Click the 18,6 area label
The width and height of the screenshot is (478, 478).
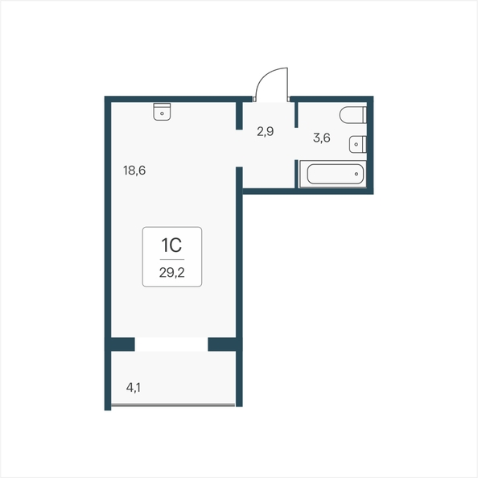(x=134, y=171)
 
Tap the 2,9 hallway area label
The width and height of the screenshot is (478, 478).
(x=266, y=132)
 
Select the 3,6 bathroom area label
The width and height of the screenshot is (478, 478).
(x=322, y=138)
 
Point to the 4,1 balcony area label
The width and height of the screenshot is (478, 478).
(x=134, y=388)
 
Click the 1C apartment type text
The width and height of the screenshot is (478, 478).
(x=171, y=245)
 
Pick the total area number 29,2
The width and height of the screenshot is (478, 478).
(x=172, y=273)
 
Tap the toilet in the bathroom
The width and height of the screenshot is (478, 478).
(x=353, y=115)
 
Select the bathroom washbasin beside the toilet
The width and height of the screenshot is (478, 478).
(x=358, y=144)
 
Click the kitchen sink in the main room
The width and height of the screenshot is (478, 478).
(x=162, y=112)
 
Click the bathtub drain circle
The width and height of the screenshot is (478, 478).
(x=356, y=174)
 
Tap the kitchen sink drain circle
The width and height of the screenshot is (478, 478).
(x=162, y=113)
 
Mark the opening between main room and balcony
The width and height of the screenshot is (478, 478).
(x=171, y=344)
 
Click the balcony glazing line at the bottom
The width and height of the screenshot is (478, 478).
(x=173, y=405)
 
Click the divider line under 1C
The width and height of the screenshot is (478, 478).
(x=172, y=259)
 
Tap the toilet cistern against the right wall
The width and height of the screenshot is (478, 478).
(x=365, y=115)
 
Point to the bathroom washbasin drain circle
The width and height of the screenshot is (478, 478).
(x=356, y=144)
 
